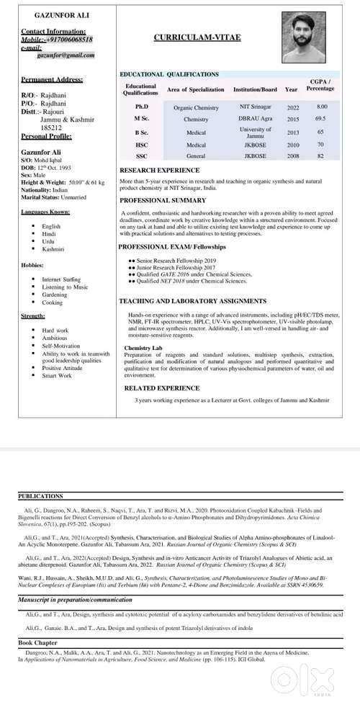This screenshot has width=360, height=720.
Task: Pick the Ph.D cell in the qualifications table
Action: (x=141, y=107)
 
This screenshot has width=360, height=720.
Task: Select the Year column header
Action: (x=292, y=89)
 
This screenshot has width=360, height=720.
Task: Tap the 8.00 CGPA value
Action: (x=322, y=107)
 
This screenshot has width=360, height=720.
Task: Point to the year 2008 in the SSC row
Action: (x=292, y=156)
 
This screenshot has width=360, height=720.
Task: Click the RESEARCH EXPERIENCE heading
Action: (x=160, y=171)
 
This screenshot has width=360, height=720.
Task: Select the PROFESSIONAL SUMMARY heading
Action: (x=163, y=199)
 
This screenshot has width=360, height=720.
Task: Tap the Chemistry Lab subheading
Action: (x=143, y=347)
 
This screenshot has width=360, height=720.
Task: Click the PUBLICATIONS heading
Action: (x=41, y=496)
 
